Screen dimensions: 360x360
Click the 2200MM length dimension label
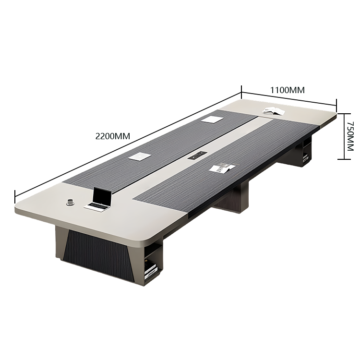pyautogui.click(x=112, y=136)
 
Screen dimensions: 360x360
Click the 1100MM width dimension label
pyautogui.click(x=288, y=90)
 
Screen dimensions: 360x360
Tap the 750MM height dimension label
pyautogui.click(x=350, y=136)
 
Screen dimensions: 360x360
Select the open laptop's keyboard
pyautogui.click(x=97, y=206)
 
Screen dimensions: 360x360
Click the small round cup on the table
pyautogui.click(x=70, y=202)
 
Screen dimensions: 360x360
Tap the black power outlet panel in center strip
pyautogui.click(x=198, y=156)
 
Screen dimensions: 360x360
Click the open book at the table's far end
pyautogui.click(x=274, y=111)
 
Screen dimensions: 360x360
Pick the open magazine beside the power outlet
pyautogui.click(x=222, y=168)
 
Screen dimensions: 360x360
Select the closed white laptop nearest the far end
pyautogui.click(x=212, y=119)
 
